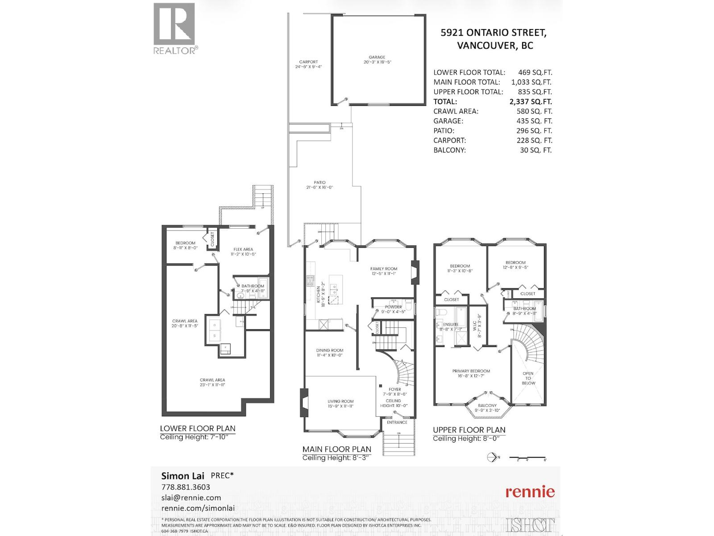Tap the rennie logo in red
tap(530, 492)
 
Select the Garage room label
tap(377, 58)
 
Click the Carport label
tap(308, 62)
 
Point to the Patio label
tap(320, 183)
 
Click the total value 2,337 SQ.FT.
tap(530, 101)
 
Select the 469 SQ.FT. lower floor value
tap(535, 72)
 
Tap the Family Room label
tap(383, 269)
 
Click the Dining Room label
tap(330, 351)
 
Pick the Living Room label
tap(340, 402)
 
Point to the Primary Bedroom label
tap(471, 371)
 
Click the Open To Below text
tap(528, 378)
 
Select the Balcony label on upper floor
tap(487, 406)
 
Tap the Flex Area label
tap(243, 250)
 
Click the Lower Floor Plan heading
tap(198, 428)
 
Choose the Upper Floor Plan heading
tap(469, 430)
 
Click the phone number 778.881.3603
tap(185, 487)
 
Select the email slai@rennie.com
tap(191, 498)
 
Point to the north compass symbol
tap(492, 457)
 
